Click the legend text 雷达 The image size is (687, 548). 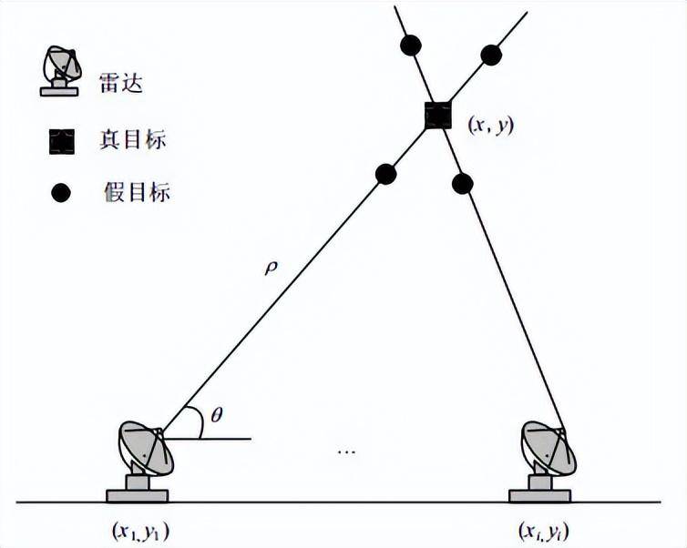pos(121,82)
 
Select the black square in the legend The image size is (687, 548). pos(61,141)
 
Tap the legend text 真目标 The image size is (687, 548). pos(133,139)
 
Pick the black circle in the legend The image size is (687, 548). pos(61,193)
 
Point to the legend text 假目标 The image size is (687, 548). pos(137,192)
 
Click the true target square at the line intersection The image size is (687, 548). pos(438,115)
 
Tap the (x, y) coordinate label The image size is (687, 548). pos(491,126)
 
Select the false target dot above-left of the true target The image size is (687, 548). pos(411,45)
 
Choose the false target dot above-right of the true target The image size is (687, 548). pos(491,56)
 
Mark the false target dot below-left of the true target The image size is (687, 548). pos(386,174)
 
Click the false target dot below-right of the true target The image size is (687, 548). pos(462,183)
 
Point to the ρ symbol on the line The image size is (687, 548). pos(271,268)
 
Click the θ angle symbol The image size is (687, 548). pos(217,414)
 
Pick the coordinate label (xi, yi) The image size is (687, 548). pos(543,532)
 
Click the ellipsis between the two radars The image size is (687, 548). pos(346,451)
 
